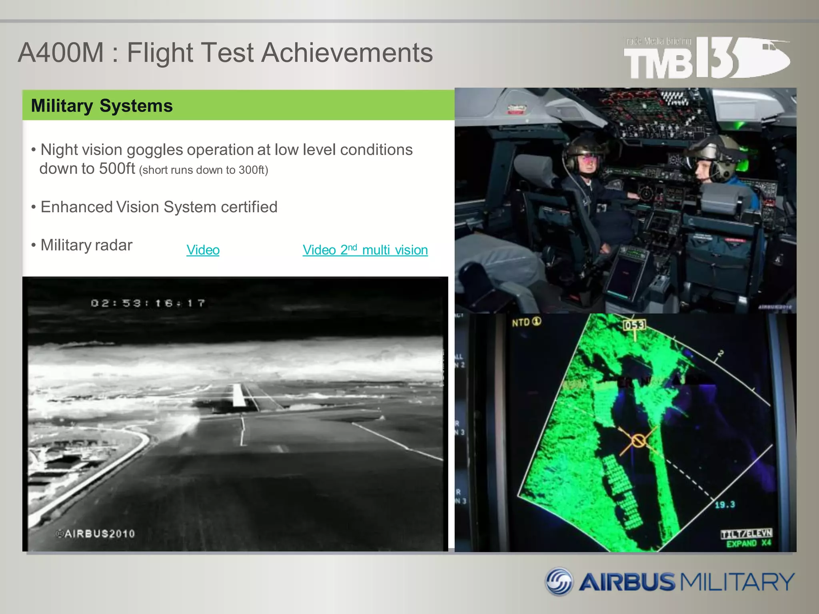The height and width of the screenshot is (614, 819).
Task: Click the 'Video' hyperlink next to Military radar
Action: pos(203,250)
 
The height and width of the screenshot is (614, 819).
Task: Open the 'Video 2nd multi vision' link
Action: pos(365,250)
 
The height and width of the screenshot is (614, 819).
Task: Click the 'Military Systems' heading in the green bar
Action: pos(102,106)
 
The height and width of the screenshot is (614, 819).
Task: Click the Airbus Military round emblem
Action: pos(559,582)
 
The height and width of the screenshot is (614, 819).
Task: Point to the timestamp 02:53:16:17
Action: pos(148,303)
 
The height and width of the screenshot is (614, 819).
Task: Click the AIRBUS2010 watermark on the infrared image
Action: pos(96,534)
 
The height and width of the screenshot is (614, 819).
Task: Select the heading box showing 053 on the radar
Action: pos(634,325)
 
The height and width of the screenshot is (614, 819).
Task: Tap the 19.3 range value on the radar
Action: pos(725,504)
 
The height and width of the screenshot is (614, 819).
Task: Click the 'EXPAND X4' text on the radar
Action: pos(749,544)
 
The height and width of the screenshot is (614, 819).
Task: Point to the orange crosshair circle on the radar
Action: pos(638,441)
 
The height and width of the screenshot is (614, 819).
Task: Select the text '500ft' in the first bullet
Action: pos(117,169)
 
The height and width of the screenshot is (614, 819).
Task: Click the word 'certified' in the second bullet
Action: pos(249,207)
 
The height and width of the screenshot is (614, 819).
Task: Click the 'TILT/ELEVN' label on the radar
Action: pos(746,534)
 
